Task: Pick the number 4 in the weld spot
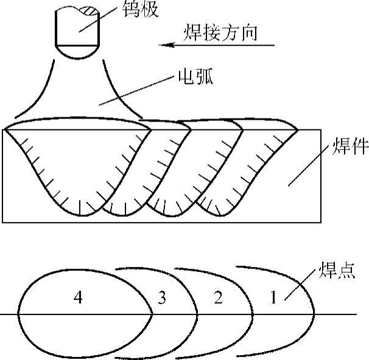pos(77,297)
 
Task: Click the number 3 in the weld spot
pos(161,298)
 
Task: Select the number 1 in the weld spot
pos(274,298)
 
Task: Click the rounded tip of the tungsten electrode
pos(78,54)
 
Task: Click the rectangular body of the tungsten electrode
pos(78,27)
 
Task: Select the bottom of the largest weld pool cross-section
pos(80,214)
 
